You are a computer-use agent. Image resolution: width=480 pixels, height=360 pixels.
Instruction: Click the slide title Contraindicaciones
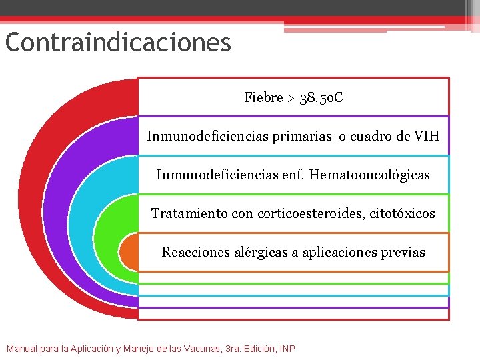click(x=118, y=43)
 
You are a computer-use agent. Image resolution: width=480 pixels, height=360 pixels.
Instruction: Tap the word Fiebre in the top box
click(x=264, y=98)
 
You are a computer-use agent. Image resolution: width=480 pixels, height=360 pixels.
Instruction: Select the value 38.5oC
click(x=321, y=98)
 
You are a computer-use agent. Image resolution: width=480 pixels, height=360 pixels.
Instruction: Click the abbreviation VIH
click(x=427, y=137)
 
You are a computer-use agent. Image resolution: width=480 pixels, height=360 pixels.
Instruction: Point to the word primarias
click(x=301, y=137)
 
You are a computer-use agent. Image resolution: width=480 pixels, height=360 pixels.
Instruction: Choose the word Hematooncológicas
click(x=377, y=175)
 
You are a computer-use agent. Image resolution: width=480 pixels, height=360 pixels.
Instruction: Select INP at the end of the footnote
click(x=287, y=349)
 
